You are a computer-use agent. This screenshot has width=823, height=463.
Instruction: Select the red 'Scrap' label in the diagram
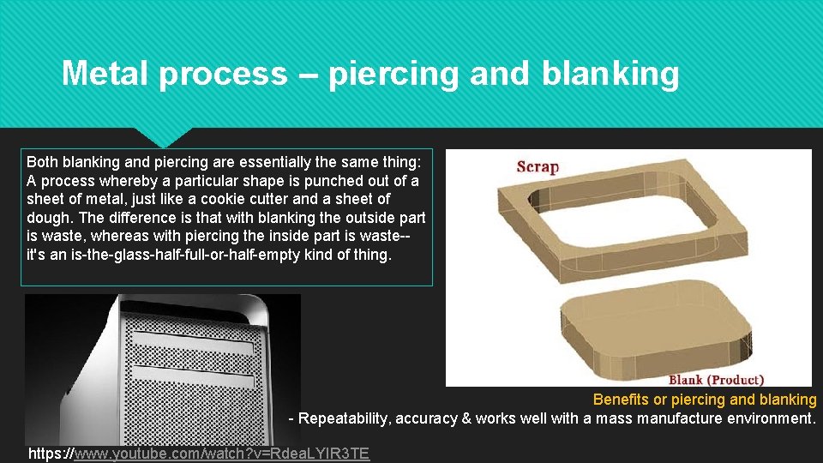point(538,167)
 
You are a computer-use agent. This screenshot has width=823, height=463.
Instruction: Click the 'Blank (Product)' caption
point(716,380)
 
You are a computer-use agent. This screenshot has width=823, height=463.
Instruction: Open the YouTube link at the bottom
point(221,454)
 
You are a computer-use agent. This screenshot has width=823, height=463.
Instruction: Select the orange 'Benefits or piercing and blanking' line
point(705,400)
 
